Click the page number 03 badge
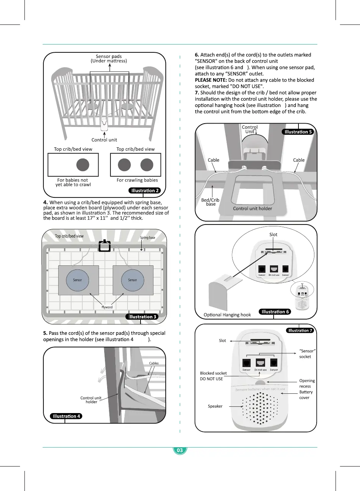180,450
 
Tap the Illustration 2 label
145,190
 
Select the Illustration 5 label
298,132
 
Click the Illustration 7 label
300,330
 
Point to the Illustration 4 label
66,416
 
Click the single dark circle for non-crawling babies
83,165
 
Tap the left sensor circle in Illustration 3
77,280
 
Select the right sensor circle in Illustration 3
132,280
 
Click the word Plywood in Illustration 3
107,307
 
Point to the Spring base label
148,238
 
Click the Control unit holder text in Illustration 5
252,209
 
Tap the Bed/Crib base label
210,202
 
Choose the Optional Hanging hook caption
227,315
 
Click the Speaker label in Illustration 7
215,406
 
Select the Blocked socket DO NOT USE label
213,376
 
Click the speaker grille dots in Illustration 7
260,408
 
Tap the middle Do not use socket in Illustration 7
260,363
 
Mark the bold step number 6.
197,55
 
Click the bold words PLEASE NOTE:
211,80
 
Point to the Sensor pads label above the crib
109,59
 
